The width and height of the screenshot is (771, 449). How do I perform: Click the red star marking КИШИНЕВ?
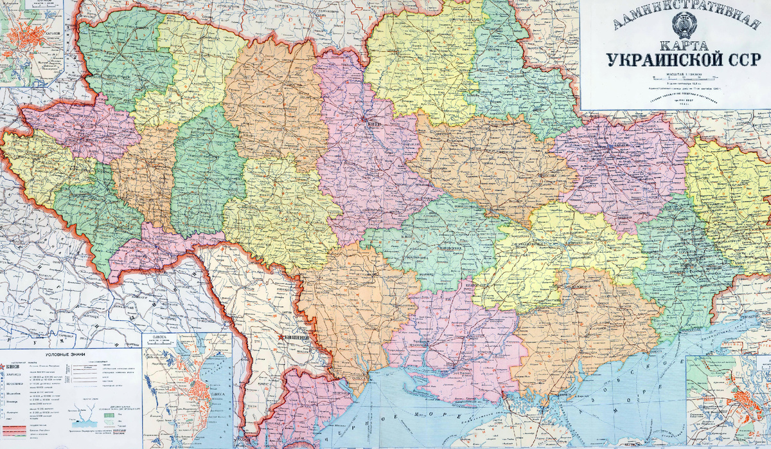279,337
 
